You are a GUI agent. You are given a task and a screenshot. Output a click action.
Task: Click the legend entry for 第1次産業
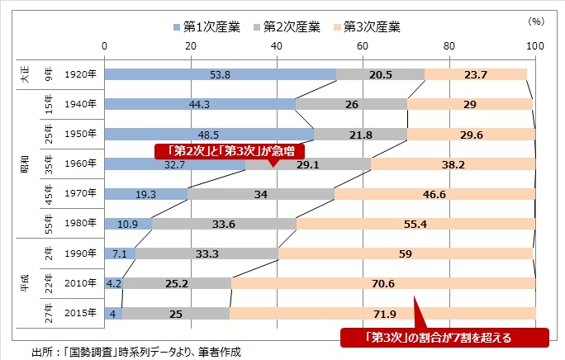[211, 26]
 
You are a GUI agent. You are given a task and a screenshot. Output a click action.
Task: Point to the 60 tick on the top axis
[363, 45]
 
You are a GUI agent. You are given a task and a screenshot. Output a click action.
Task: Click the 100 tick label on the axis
[534, 45]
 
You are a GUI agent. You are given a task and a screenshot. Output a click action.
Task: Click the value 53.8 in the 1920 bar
[221, 74]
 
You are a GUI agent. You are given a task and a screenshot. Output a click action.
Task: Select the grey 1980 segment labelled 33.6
[224, 224]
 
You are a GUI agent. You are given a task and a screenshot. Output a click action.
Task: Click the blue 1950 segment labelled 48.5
[209, 135]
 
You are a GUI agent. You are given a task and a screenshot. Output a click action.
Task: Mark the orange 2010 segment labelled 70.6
[383, 283]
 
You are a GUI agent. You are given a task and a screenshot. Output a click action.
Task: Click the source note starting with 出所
[135, 351]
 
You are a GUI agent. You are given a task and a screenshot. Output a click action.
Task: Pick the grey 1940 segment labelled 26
[351, 104]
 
